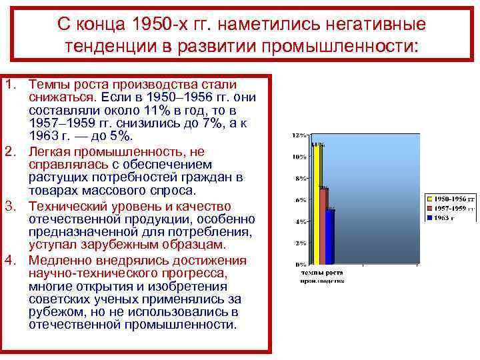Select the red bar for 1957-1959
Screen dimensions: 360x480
point(323,227)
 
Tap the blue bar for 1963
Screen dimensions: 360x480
point(331,237)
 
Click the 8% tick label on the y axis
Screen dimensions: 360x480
point(300,179)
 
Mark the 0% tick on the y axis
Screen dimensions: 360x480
point(300,264)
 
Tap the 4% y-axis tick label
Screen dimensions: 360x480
point(300,221)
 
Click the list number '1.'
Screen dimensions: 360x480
point(9,85)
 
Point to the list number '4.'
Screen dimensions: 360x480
point(9,261)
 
